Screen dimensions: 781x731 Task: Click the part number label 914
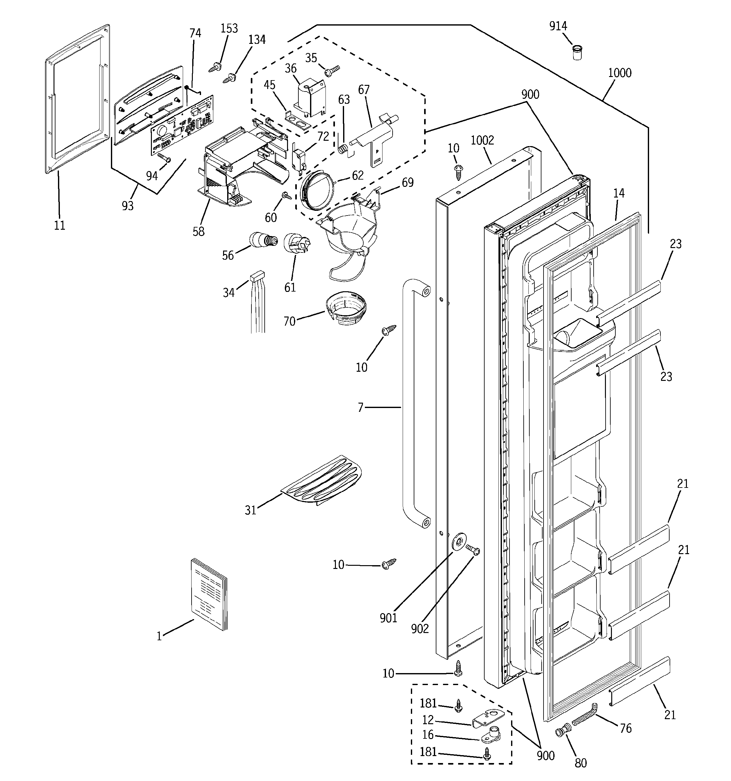click(x=558, y=26)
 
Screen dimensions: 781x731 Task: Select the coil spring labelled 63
click(x=342, y=149)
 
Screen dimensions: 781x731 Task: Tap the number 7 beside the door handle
click(x=360, y=407)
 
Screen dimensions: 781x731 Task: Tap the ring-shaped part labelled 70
click(x=346, y=308)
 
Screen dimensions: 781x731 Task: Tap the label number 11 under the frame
click(x=60, y=226)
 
